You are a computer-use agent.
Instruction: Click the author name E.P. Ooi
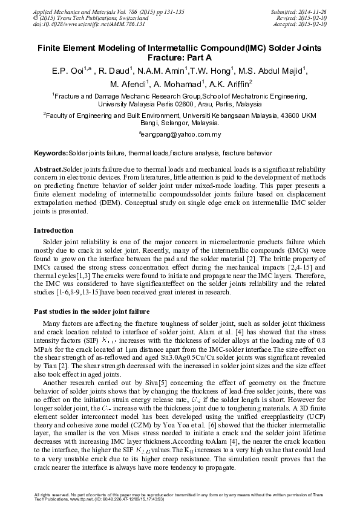(x=65, y=71)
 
